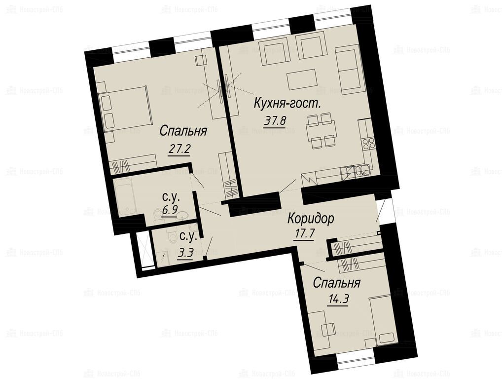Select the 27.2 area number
pyautogui.click(x=179, y=149)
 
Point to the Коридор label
pyautogui.click(x=311, y=219)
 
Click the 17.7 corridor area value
pyautogui.click(x=304, y=233)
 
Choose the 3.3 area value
pyautogui.click(x=186, y=254)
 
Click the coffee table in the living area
pyautogui.click(x=302, y=79)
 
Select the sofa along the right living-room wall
pyautogui.click(x=349, y=68)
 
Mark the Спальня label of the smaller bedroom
pyautogui.click(x=336, y=283)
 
